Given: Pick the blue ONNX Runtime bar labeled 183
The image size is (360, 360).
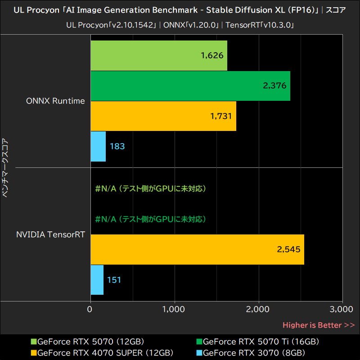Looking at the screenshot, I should click(x=98, y=146).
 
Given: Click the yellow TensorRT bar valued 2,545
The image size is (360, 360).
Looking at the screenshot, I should click(x=197, y=250).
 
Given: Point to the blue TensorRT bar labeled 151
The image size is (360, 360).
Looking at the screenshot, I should click(x=97, y=280).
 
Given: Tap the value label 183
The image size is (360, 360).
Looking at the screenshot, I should click(x=117, y=146).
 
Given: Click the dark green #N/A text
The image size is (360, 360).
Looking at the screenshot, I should click(x=151, y=219).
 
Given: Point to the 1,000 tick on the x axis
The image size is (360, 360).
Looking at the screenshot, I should click(x=174, y=310).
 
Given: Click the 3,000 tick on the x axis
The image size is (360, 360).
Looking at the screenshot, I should click(x=342, y=310).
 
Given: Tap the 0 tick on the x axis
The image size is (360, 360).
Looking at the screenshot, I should click(x=90, y=310).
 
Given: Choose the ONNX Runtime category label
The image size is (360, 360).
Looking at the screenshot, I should click(x=55, y=101).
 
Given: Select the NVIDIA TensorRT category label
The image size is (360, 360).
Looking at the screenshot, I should click(x=50, y=234).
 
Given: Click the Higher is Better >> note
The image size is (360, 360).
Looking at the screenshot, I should click(x=318, y=325).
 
